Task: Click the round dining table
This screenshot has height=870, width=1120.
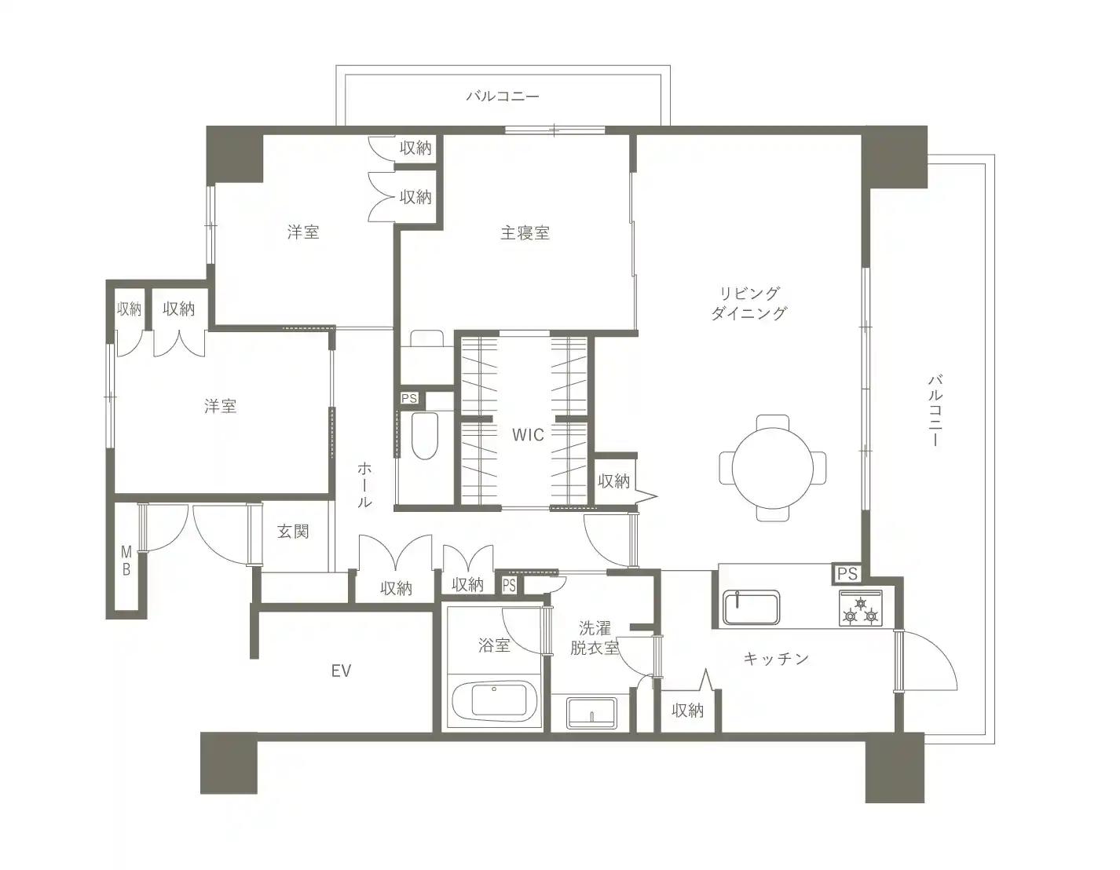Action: [773, 468]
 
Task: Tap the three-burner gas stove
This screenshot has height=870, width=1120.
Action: [860, 608]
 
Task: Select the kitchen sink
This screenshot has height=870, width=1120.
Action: [751, 607]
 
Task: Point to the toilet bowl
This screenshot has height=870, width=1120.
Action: [425, 436]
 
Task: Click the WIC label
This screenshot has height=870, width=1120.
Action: [528, 435]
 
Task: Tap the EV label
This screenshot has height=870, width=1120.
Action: [341, 671]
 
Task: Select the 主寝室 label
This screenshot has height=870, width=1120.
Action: [525, 233]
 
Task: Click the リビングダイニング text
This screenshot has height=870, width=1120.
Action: [749, 303]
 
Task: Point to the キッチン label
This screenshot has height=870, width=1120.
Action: [776, 658]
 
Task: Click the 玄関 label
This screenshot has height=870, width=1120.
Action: [293, 531]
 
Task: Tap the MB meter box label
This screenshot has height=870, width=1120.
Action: [126, 561]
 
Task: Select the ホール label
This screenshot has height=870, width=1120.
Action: [364, 484]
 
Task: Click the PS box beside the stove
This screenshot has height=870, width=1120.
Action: [847, 574]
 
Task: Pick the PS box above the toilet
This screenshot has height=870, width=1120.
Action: [409, 398]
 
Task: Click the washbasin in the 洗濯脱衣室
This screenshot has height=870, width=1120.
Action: [591, 713]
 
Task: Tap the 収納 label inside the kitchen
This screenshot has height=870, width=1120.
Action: [687, 711]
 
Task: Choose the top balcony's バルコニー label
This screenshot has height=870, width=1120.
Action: [503, 97]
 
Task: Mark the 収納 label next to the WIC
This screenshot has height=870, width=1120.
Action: [614, 481]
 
